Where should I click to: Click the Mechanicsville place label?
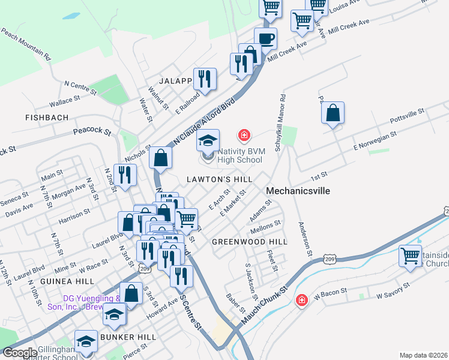tap(298, 191)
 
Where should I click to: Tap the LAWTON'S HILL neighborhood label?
tap(218, 179)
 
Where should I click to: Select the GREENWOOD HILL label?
tap(249, 242)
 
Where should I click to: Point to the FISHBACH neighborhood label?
tap(47, 118)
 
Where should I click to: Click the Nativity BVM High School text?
tap(241, 155)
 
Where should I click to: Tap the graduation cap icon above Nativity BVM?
tap(208, 141)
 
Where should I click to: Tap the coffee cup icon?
tap(266, 39)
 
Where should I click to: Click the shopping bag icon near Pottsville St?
tap(333, 112)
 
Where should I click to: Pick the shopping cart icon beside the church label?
tap(411, 256)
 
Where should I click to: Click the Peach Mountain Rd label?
tap(25, 43)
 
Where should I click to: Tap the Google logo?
tap(20, 353)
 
